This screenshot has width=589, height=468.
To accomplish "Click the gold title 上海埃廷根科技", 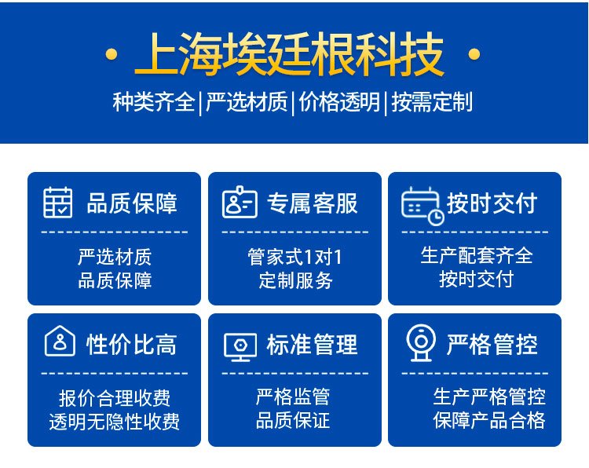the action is point(290,54).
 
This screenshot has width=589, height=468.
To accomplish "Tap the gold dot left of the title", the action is point(112,54).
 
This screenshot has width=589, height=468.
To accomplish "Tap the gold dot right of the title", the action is point(474,54).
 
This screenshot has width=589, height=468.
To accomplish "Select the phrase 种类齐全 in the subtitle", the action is point(154,102).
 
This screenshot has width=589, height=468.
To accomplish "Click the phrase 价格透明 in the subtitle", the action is point(339,102).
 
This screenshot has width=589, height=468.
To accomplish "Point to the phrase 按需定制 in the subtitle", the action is point(433,102).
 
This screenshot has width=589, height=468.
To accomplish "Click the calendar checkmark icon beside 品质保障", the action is point(58,202).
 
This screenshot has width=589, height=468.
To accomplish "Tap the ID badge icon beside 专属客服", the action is point(240,202).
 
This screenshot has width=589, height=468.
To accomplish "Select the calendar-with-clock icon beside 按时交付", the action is point(423,206).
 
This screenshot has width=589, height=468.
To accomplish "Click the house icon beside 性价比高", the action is point(60,341).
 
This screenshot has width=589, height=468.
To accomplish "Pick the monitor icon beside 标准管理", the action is point(240,346).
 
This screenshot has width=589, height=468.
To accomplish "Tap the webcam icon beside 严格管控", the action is point(421,343).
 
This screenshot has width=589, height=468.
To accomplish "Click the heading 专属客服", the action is point(312,203).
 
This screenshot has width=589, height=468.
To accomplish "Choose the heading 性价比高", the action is point(131,345).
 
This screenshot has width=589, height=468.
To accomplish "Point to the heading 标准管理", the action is point(312,345).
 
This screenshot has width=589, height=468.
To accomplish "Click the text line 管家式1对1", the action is point(294,258).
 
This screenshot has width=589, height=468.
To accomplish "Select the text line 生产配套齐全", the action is point(477,256).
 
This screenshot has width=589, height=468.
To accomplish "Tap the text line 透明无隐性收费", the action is point(114,422).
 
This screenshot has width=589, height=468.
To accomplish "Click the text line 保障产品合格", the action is point(488,420).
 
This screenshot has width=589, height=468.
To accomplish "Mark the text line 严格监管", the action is point(293,397).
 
